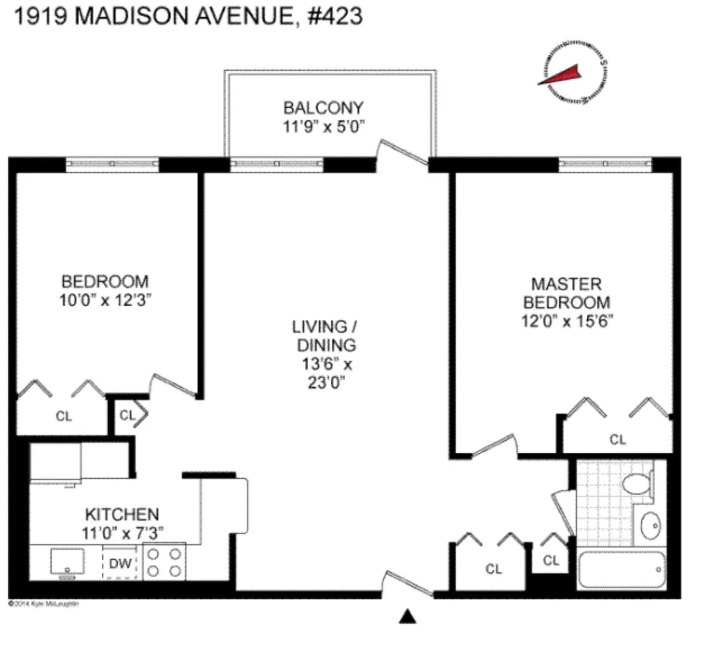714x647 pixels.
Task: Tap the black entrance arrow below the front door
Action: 408,617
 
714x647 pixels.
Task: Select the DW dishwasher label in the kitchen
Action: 120,563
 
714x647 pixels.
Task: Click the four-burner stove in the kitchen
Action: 164,562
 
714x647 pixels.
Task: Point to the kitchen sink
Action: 67,562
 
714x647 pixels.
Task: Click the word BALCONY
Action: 323,108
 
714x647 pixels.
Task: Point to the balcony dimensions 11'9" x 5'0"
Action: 323,126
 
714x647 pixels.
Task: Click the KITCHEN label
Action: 122,514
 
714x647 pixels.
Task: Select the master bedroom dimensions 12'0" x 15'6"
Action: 567,321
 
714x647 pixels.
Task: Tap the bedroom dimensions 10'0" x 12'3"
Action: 105,300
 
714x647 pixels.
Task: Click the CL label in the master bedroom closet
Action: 618,440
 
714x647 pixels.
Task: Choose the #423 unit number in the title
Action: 335,16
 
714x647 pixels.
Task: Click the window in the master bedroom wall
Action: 605,164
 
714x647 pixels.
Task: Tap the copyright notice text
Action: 43,604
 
